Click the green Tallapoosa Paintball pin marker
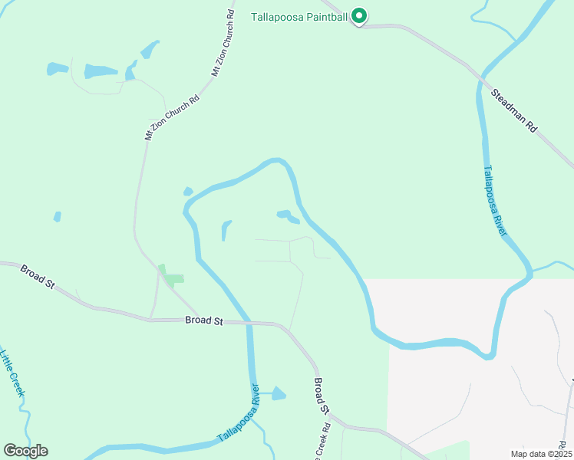[x=358, y=16]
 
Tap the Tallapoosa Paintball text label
[x=300, y=16]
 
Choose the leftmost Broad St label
[x=38, y=278]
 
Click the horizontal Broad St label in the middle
[x=203, y=321]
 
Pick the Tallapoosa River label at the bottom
[x=239, y=414]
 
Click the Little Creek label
[x=13, y=373]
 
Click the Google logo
[x=25, y=450]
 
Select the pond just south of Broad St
[x=278, y=394]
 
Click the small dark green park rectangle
[x=175, y=279]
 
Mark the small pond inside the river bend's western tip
[x=188, y=191]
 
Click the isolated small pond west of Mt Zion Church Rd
[x=57, y=217]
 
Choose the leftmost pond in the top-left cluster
[x=57, y=69]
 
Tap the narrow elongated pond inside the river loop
[x=226, y=229]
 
